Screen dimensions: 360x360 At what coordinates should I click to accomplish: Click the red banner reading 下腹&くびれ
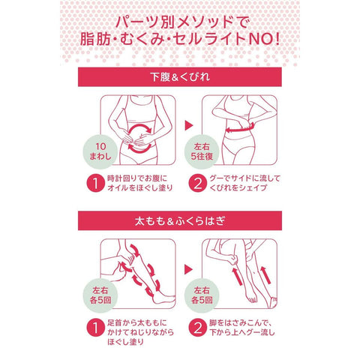click(180, 77)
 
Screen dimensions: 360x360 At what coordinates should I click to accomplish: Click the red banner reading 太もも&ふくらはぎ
click(180, 220)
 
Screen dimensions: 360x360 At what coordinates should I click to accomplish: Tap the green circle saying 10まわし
click(100, 152)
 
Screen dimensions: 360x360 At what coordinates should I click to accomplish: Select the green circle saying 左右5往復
click(202, 152)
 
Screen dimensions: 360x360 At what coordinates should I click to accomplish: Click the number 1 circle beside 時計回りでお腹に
click(95, 183)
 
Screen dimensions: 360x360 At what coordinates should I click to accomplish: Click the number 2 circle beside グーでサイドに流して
click(197, 183)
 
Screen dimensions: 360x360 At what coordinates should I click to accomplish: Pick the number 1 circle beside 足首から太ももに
click(95, 327)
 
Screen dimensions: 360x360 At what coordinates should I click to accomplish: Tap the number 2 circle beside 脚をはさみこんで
click(197, 327)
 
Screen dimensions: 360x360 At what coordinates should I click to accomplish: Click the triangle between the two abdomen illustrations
click(189, 125)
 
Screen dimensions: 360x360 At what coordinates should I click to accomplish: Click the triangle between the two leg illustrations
click(189, 269)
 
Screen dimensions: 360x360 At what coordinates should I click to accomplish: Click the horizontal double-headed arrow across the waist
click(239, 128)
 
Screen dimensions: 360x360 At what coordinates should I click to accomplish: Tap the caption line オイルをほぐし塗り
click(140, 187)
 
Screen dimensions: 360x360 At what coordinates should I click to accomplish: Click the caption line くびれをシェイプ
click(238, 187)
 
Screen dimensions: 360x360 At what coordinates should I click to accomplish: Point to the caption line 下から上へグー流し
click(242, 332)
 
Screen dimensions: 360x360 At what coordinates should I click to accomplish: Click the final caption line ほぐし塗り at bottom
click(125, 341)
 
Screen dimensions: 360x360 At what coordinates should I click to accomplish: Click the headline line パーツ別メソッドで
click(182, 22)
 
